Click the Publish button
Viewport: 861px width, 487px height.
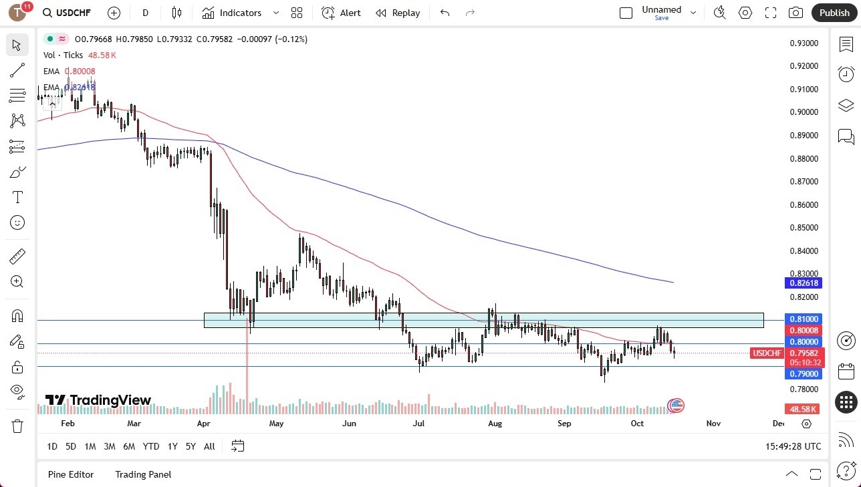834,13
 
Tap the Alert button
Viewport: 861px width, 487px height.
341,13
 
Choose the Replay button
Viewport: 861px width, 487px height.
398,13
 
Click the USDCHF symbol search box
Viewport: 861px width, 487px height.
67,13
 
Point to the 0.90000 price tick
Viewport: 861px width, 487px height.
804,112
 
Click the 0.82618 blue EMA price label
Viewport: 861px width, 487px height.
804,283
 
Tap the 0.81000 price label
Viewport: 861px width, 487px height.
804,319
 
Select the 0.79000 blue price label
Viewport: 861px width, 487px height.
804,374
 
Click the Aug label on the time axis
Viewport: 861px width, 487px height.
495,423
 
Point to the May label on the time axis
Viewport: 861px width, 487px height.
276,423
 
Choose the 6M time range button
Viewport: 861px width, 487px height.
129,446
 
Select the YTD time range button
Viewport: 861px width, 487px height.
151,446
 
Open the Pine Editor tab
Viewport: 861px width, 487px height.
71,474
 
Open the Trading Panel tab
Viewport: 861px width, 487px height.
143,474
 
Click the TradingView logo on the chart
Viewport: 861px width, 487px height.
98,400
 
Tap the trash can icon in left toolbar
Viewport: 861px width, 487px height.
17,426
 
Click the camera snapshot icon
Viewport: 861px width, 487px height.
795,13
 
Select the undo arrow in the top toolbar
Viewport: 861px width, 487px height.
445,13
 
